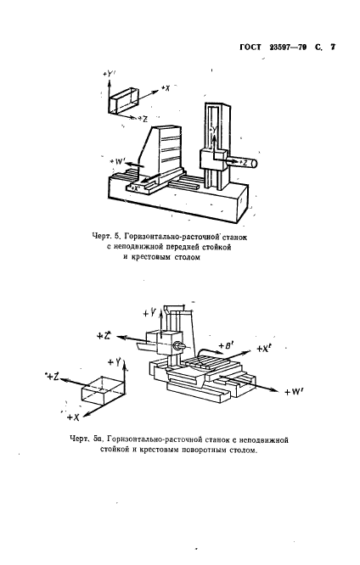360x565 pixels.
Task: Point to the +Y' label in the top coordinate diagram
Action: click(110, 76)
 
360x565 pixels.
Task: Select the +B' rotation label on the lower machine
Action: click(225, 346)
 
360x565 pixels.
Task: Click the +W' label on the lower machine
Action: click(293, 391)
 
